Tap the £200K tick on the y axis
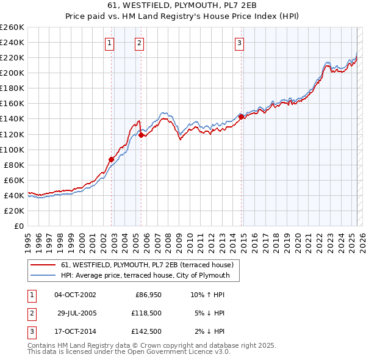pos(12,73)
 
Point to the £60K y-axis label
pos(14,180)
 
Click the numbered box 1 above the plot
pos(109,43)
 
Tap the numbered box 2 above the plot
pos(140,43)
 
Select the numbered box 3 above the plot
pos(240,43)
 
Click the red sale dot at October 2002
pos(112,159)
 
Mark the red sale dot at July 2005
pos(142,135)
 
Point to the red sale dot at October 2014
pos(242,117)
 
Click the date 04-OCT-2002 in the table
pos(75,295)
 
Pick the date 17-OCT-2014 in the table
pos(75,332)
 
